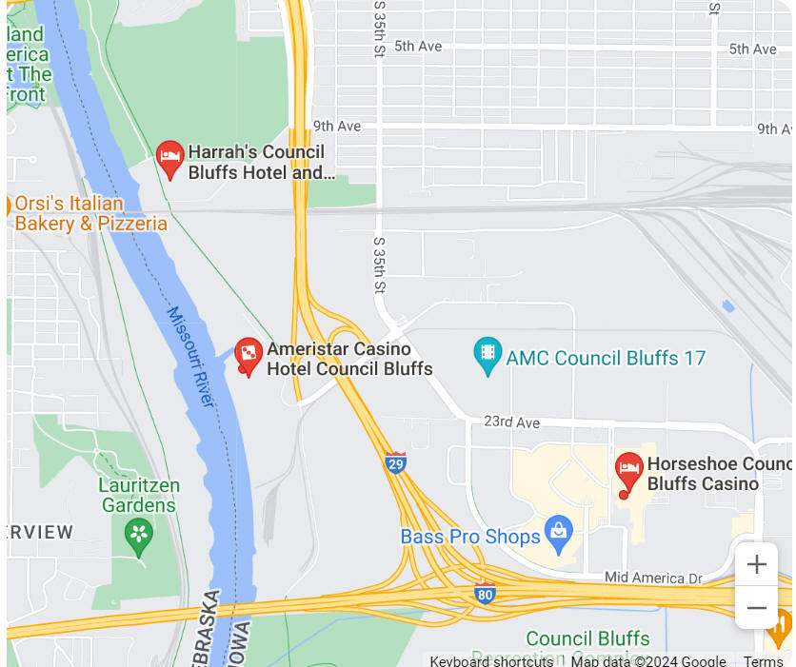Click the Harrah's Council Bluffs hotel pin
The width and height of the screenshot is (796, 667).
(169, 158)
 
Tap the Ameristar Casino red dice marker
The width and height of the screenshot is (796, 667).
(249, 356)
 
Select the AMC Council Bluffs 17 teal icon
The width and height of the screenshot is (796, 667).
(488, 356)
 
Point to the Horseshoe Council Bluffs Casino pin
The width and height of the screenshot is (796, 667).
(628, 471)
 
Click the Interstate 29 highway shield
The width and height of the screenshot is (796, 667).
(395, 462)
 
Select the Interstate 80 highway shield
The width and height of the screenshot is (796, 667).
(485, 593)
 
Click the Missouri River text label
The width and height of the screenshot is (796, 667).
(191, 357)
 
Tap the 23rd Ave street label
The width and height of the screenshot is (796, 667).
(511, 422)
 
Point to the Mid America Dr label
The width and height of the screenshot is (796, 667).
(653, 578)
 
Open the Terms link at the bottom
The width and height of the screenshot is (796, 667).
(763, 661)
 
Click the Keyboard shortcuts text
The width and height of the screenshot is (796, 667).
(490, 661)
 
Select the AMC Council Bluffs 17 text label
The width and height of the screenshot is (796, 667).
(606, 359)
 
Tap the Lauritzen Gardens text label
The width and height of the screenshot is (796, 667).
(139, 495)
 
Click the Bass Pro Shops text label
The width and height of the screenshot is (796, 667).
(470, 537)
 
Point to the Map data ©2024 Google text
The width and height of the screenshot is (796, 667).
(648, 661)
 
